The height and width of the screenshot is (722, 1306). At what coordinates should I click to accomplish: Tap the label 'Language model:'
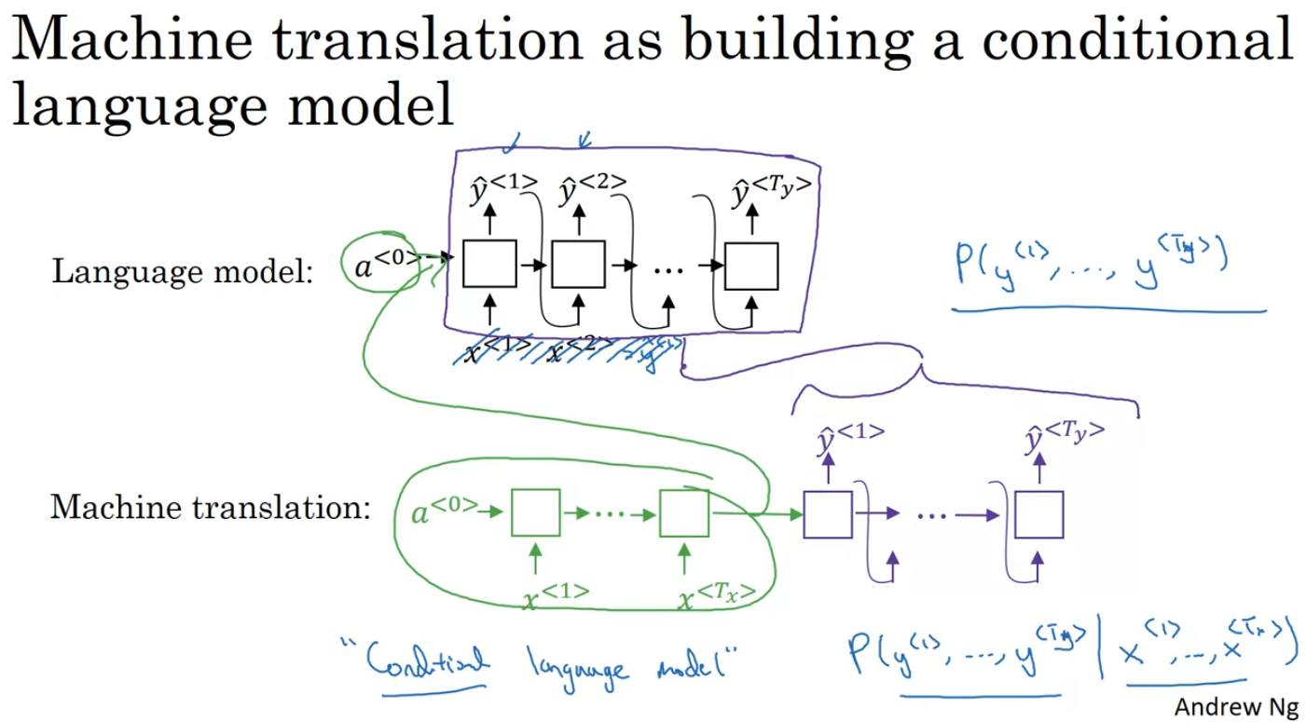(x=182, y=272)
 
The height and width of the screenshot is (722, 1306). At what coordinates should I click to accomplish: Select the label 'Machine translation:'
(x=211, y=508)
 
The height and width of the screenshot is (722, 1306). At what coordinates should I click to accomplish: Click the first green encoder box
(x=535, y=512)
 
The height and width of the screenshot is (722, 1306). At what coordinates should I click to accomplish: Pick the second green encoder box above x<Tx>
(x=684, y=512)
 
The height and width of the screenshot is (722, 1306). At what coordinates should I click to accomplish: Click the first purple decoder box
(x=828, y=512)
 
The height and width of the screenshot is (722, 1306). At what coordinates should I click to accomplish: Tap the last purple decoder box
(x=1038, y=512)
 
